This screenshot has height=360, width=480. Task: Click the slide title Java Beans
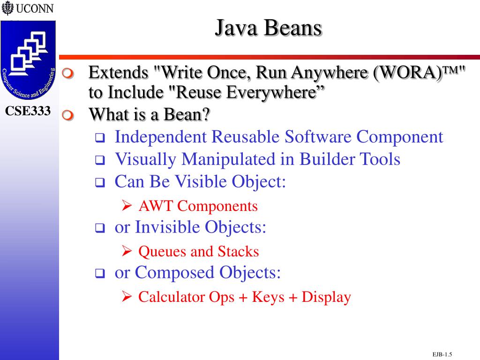coord(268,28)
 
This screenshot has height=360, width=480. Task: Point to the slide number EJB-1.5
coord(442,354)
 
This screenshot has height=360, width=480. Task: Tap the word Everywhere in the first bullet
coord(276,92)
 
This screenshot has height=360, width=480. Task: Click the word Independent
coord(160,137)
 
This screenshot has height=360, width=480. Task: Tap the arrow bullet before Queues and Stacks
coord(126,251)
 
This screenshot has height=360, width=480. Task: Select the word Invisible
coord(167,227)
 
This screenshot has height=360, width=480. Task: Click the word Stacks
coord(238,251)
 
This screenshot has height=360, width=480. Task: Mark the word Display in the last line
coord(326,297)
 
